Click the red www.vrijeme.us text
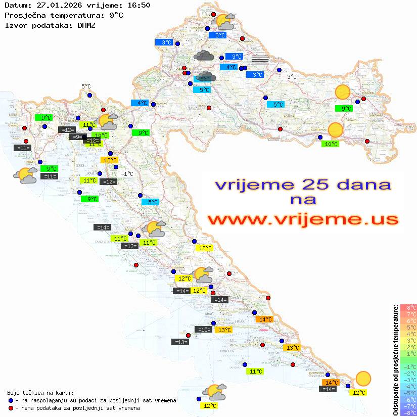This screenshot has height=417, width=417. click(303, 219)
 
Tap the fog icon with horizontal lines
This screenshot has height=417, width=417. click(259, 61)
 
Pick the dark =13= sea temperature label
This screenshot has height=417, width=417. click(180, 342)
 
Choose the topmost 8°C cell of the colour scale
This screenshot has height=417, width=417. click(408, 307)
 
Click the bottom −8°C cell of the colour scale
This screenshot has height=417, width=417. click(408, 412)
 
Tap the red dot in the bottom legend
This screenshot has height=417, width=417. click(11, 408)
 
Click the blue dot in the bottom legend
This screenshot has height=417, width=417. click(11, 400)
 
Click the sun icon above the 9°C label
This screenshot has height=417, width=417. click(343, 92)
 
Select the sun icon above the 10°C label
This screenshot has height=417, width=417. click(335, 130)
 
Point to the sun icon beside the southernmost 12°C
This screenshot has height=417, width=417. click(363, 378)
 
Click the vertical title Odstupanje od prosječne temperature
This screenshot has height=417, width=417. click(395, 360)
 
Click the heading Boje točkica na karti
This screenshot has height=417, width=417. click(40, 393)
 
